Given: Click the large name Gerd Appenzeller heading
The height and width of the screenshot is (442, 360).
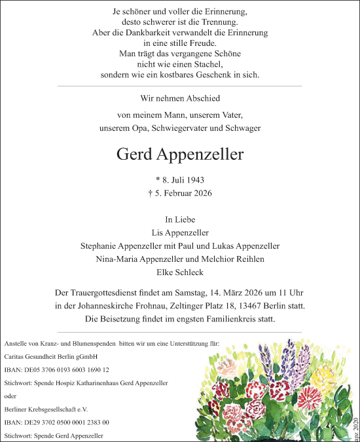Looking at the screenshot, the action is tap(179, 155).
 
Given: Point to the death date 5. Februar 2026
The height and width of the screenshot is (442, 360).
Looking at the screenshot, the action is tap(180, 193).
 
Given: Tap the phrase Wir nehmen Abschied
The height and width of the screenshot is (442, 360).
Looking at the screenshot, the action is tap(180, 98).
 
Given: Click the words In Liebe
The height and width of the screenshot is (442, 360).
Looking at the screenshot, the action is tap(180, 219).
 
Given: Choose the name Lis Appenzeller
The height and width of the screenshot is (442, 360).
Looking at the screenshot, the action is tap(180, 232).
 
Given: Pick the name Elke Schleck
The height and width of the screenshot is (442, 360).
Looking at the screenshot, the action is tap(180, 272).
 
